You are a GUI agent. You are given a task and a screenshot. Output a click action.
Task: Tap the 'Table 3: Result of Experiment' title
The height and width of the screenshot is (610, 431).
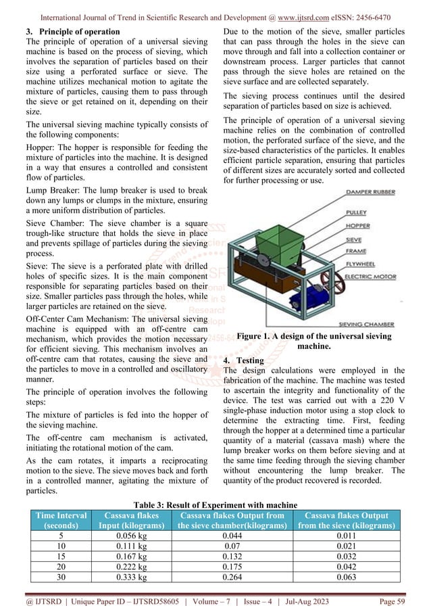215,505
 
